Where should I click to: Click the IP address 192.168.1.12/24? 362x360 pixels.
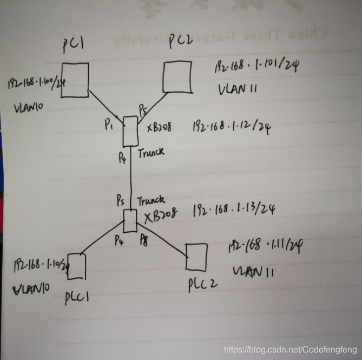[x=231, y=127]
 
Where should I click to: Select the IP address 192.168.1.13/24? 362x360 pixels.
[x=232, y=211]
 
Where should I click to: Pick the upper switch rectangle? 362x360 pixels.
[x=130, y=131]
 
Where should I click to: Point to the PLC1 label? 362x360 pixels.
[x=77, y=297]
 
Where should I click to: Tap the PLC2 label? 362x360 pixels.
[x=203, y=284]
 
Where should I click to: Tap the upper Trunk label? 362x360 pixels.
[x=150, y=153]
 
